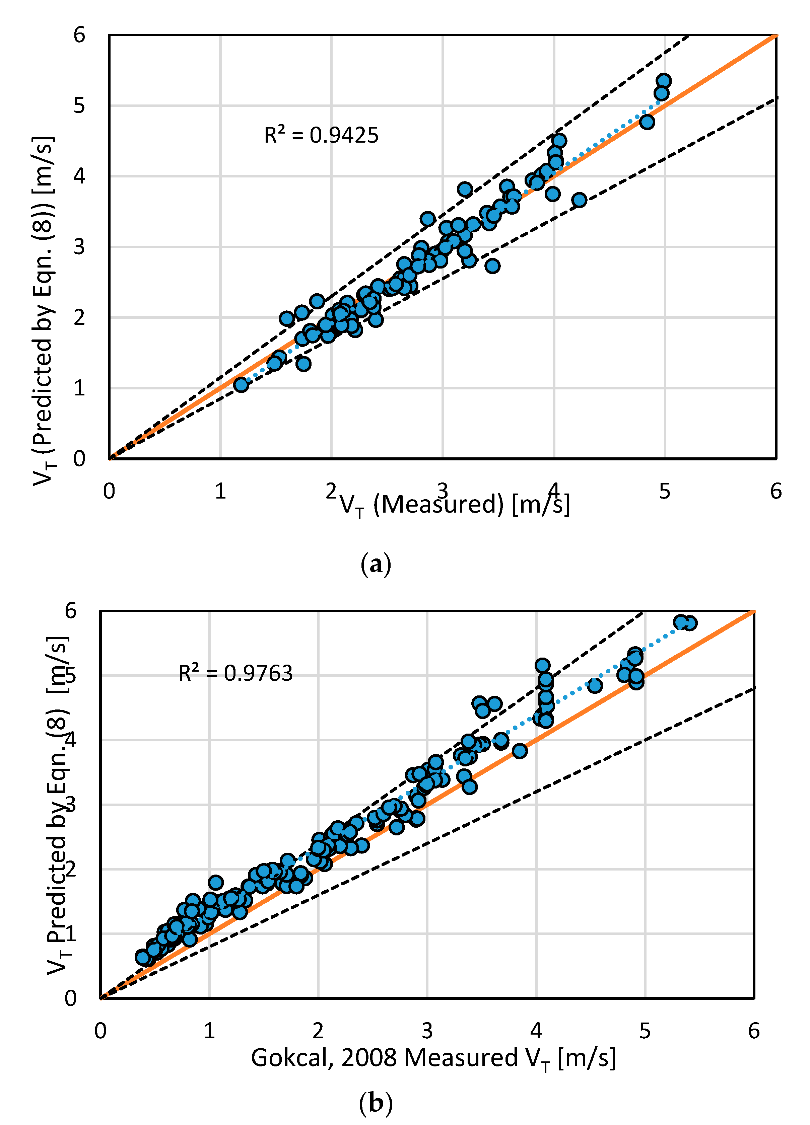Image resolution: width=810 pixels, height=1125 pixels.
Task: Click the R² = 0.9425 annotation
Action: point(321,135)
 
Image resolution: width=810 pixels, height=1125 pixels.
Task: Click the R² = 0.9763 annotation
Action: point(235,673)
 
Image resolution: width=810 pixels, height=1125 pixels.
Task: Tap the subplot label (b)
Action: point(376,1103)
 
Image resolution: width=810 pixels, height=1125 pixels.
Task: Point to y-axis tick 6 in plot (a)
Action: point(79,35)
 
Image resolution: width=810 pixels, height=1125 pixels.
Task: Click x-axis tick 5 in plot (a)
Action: point(665,491)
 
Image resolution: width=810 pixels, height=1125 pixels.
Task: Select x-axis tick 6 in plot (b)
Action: point(753,1031)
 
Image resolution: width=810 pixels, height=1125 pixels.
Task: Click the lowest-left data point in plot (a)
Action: point(241,384)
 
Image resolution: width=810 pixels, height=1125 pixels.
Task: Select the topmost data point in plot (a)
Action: point(664,81)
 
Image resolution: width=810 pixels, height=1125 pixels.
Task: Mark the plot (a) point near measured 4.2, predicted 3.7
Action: point(579,200)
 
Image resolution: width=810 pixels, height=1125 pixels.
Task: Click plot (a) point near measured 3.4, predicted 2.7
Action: point(492,266)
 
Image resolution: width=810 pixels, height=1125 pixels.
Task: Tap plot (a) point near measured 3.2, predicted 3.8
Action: point(465,189)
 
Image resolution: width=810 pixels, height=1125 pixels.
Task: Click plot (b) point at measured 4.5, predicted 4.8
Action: point(595,685)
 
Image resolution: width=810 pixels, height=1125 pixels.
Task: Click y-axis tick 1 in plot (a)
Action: point(79,388)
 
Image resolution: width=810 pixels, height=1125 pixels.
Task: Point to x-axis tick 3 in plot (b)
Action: point(427,1031)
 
